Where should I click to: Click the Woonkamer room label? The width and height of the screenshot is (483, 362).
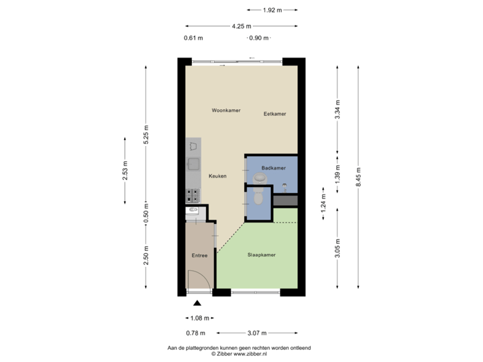coord(225,110)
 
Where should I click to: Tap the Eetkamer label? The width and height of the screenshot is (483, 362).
coord(274,114)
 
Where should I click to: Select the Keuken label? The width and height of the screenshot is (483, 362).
coord(217,176)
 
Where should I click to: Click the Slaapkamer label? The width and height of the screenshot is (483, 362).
coord(262,255)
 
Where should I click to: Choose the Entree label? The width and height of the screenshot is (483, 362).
coord(199,255)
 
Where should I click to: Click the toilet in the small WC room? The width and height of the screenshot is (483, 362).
coord(258,198)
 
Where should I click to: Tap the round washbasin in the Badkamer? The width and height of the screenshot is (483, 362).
coord(261,178)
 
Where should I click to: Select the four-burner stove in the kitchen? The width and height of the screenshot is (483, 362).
coord(193,196)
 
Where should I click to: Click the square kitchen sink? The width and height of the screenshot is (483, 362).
coord(193,163)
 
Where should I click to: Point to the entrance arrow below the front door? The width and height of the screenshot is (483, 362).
coord(197,304)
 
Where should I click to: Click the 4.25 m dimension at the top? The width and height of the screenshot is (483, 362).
coord(241,27)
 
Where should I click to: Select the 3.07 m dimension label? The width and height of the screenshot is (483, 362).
coord(258,333)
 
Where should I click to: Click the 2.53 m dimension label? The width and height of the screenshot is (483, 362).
coord(125,171)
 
